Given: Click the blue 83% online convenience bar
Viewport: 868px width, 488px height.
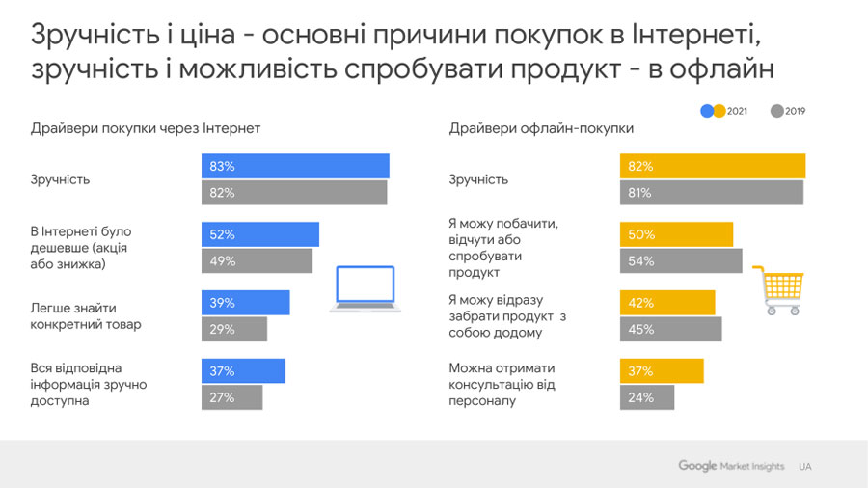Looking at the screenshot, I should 295,166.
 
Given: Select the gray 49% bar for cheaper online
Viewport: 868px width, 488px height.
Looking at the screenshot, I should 257,260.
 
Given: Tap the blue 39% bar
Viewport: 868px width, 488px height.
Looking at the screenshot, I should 245,303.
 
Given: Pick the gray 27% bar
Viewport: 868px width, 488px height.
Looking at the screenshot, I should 231,397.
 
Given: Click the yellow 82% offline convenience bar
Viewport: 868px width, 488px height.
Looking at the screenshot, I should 713,166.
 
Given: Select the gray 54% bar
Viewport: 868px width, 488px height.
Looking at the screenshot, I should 681,260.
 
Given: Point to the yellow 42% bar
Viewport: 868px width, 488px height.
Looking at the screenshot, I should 667,303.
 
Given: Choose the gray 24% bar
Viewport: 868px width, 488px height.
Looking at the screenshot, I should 647,397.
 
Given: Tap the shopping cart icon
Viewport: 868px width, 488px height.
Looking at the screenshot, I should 777,290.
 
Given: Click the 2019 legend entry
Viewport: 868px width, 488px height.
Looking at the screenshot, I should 788,111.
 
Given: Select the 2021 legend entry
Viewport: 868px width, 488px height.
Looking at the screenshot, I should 724,111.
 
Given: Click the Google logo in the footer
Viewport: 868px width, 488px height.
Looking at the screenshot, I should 697,466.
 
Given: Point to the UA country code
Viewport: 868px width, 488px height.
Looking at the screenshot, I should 805,467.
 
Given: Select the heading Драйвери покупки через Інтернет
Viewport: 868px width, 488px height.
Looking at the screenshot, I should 146,128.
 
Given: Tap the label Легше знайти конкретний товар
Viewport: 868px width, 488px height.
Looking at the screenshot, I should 86,315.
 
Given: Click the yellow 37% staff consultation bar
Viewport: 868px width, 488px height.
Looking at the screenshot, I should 662,371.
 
